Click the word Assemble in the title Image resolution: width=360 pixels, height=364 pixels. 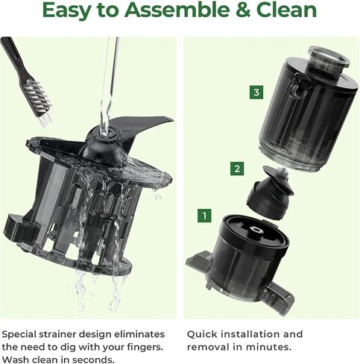pos(177,10)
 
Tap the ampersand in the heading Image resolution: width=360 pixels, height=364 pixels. pos(242,10)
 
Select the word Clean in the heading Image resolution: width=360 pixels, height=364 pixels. pos(286,10)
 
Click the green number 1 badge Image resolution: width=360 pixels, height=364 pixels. pos(204,216)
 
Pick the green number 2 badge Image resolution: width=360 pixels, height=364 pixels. pos(237,169)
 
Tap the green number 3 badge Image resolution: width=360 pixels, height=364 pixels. pos(256,92)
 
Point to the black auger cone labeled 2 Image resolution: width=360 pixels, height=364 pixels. pos(269,192)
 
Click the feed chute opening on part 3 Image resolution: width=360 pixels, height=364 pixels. pos(329,57)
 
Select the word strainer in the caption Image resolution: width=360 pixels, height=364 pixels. pos(57,334)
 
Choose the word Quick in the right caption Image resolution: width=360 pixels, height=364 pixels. pos(202,334)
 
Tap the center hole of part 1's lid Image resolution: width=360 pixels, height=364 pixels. pos(255,229)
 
